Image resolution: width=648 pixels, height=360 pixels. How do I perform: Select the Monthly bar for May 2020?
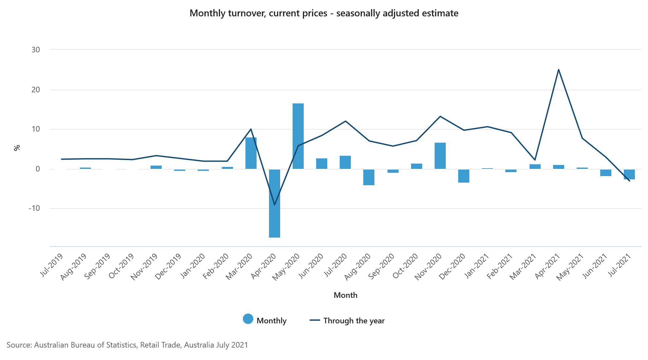pos(298,136)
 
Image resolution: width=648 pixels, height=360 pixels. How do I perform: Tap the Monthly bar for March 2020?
pos(251,153)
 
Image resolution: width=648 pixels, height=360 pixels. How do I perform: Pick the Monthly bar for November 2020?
pos(440,156)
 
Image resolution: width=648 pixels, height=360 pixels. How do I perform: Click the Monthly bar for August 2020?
pos(369,177)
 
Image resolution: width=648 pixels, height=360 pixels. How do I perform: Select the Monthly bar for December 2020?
pos(464,176)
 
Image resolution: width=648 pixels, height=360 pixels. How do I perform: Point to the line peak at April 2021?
pos(558,69)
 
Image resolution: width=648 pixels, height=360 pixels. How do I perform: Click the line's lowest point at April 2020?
pos(275,205)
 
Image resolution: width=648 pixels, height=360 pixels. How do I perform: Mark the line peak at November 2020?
pos(440,116)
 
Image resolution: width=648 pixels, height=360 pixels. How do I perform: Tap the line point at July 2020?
pos(345,121)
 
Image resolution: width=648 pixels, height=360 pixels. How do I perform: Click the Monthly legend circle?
pos(248,319)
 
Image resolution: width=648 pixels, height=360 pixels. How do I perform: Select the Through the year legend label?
pos(354,321)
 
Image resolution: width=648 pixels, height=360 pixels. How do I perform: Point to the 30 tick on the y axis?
pos(36,50)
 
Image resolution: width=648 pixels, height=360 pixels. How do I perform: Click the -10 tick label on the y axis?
pos(34,208)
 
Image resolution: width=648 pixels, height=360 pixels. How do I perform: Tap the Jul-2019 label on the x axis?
pos(52,265)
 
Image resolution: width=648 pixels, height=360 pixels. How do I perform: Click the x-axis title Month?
pos(345,295)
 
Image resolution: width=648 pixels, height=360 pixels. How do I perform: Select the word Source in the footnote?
pos(18,345)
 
